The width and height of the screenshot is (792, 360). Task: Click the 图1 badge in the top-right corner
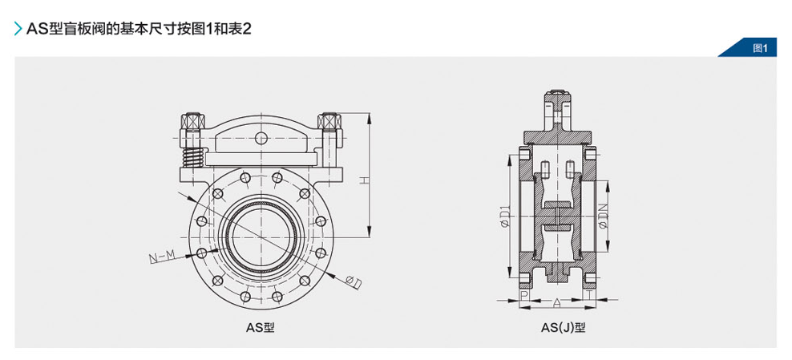[x=760, y=48]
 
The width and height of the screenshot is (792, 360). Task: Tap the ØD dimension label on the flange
[x=353, y=281]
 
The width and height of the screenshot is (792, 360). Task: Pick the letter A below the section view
[x=556, y=302]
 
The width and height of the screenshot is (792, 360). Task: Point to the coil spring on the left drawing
[x=192, y=156]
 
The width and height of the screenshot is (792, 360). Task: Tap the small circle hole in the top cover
[x=260, y=139]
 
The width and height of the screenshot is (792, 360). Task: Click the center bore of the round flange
[x=261, y=233]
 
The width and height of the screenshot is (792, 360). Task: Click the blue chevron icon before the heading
[x=18, y=29]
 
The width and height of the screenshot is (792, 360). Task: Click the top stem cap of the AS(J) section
[x=556, y=101]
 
